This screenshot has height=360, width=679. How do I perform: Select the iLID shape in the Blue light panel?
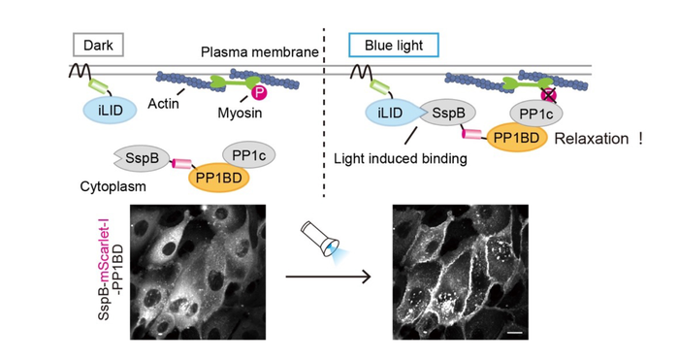(387, 114)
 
